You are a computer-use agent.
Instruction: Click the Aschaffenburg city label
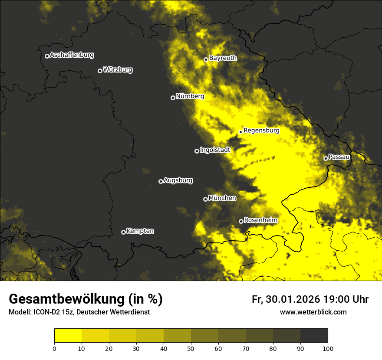[x=72, y=55]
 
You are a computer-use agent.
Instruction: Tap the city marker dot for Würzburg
[x=100, y=71]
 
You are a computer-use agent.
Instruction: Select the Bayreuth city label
[x=223, y=58]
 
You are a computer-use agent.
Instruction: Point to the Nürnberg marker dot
[x=173, y=98]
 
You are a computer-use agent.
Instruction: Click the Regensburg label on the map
[x=261, y=130]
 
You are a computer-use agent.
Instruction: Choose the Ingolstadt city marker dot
[x=197, y=151]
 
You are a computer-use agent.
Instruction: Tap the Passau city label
[x=339, y=157]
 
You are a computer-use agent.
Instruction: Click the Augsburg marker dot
[x=161, y=181]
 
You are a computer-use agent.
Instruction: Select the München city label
[x=222, y=198]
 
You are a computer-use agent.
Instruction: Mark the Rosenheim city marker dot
[x=241, y=221]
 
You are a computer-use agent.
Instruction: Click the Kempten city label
[x=140, y=231]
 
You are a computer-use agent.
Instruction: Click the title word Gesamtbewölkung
[x=67, y=299]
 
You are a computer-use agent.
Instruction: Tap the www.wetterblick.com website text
[x=313, y=312]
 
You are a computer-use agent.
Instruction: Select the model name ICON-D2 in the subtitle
[x=46, y=312]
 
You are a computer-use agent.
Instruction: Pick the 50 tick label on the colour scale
[x=191, y=348]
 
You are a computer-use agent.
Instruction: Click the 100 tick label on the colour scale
[x=327, y=348]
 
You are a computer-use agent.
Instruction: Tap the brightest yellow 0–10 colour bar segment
[x=68, y=336]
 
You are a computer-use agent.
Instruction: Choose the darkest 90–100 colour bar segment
[x=314, y=336]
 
